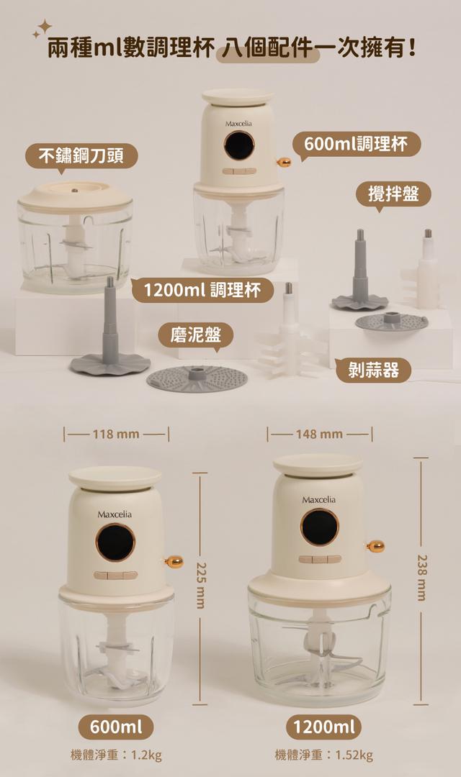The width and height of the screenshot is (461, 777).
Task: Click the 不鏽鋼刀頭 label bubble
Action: click(x=81, y=157)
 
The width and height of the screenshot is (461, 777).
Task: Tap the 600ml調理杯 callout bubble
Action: click(x=356, y=145)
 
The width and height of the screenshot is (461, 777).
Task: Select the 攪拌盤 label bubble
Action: click(x=393, y=194)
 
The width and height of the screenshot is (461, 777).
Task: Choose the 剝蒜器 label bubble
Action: click(x=373, y=370)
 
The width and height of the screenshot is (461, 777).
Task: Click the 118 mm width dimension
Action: click(x=116, y=435)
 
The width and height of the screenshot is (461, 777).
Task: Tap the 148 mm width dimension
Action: click(x=319, y=435)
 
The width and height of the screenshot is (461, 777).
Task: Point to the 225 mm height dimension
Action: click(x=200, y=589)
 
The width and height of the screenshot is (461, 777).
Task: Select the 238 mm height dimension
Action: click(x=421, y=581)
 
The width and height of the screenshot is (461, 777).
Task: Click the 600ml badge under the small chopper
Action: click(x=116, y=727)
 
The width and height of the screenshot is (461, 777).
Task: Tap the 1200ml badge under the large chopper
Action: click(x=324, y=727)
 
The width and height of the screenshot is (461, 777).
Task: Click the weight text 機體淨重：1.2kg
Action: click(x=116, y=755)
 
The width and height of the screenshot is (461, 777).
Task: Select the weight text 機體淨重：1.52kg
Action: click(x=323, y=755)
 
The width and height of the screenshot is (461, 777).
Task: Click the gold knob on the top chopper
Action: click(x=284, y=162)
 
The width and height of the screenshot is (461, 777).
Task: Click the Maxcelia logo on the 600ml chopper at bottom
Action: click(x=115, y=514)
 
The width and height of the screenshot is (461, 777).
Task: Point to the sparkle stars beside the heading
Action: click(x=42, y=29)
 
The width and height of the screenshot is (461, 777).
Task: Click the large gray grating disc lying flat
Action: click(x=197, y=379)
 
